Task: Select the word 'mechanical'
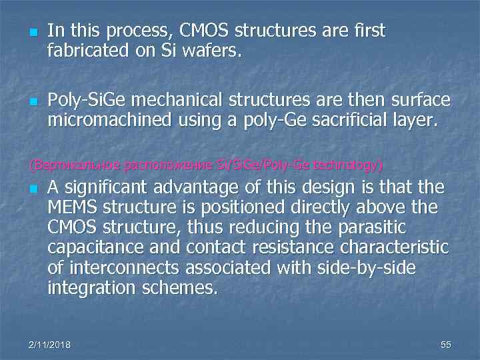(179, 100)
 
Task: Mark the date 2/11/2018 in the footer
(50, 344)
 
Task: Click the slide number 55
(446, 344)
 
